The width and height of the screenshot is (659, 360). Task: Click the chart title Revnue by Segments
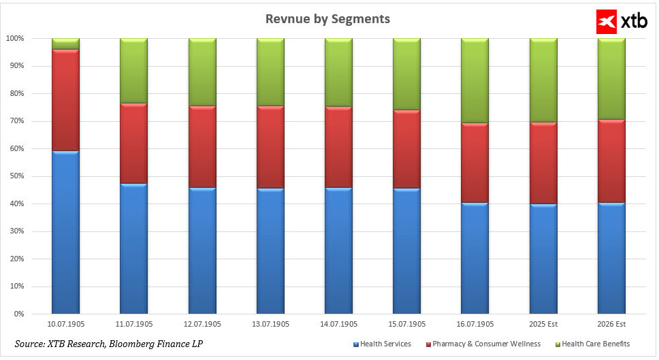coord(327,19)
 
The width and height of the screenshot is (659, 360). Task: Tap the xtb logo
coord(615,22)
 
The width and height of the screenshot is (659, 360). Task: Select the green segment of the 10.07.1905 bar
coord(65,44)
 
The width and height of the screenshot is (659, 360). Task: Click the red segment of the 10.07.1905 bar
coord(65,100)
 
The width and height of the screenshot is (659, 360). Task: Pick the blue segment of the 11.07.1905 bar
coord(133,248)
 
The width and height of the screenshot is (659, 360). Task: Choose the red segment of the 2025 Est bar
coord(543,163)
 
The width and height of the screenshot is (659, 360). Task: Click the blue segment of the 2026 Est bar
coord(611,259)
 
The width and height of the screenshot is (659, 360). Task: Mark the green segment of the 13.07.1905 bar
coord(270,72)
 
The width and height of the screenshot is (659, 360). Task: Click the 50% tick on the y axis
coord(16,176)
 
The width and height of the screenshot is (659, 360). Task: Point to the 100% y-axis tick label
coord(14,39)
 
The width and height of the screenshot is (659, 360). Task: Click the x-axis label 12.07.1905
coord(202,325)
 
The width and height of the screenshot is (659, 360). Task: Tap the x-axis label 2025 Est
coord(543,325)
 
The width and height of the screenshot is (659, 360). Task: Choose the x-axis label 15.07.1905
coord(406,325)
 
